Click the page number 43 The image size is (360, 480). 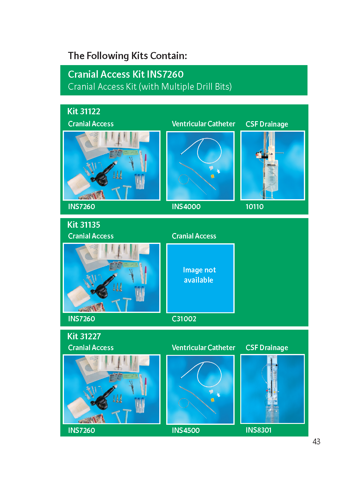(316, 441)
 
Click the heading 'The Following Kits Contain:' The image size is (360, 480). (127, 56)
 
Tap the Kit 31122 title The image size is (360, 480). (84, 111)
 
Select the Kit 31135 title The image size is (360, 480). (84, 225)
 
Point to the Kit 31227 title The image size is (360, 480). (84, 336)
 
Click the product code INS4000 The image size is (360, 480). (186, 206)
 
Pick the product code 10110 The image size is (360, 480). (254, 206)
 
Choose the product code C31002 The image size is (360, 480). (184, 319)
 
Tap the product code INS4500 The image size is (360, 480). (186, 430)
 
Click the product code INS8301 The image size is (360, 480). (258, 430)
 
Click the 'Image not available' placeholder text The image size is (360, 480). (199, 275)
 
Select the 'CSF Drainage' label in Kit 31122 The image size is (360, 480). (267, 124)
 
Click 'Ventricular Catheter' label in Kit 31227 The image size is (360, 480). (203, 347)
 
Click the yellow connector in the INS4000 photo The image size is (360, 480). (212, 176)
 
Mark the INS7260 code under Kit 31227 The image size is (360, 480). (81, 430)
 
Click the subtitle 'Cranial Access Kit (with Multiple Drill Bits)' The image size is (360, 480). (150, 87)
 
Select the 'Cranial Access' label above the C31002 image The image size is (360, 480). (194, 236)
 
